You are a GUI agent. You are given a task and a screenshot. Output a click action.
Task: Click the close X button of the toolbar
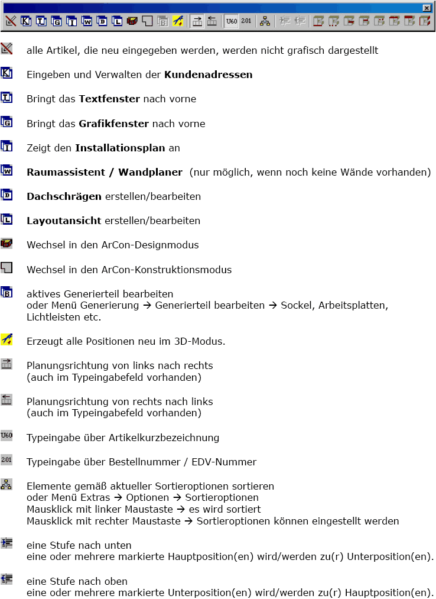click(427, 8)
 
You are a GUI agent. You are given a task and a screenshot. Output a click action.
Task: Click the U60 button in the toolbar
click(232, 21)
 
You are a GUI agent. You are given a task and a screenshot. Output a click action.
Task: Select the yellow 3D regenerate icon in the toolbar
click(178, 21)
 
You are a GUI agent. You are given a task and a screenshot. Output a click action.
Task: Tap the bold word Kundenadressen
click(208, 75)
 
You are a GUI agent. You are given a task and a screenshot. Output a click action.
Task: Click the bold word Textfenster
click(109, 99)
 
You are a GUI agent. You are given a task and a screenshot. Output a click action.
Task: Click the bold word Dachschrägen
click(64, 196)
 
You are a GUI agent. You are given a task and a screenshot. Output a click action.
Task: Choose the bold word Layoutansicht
click(64, 221)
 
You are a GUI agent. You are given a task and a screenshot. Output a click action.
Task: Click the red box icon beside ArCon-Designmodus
click(6, 244)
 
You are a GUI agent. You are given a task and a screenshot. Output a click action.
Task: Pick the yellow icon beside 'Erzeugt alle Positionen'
click(6, 339)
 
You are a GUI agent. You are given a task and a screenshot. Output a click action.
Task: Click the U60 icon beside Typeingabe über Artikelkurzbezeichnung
click(6, 436)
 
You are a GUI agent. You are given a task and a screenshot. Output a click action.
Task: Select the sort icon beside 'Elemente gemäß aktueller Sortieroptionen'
click(6, 484)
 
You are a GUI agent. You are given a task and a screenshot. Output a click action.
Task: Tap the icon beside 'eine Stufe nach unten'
click(6, 543)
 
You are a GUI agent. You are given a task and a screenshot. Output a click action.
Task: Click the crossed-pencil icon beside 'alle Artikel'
click(6, 49)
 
